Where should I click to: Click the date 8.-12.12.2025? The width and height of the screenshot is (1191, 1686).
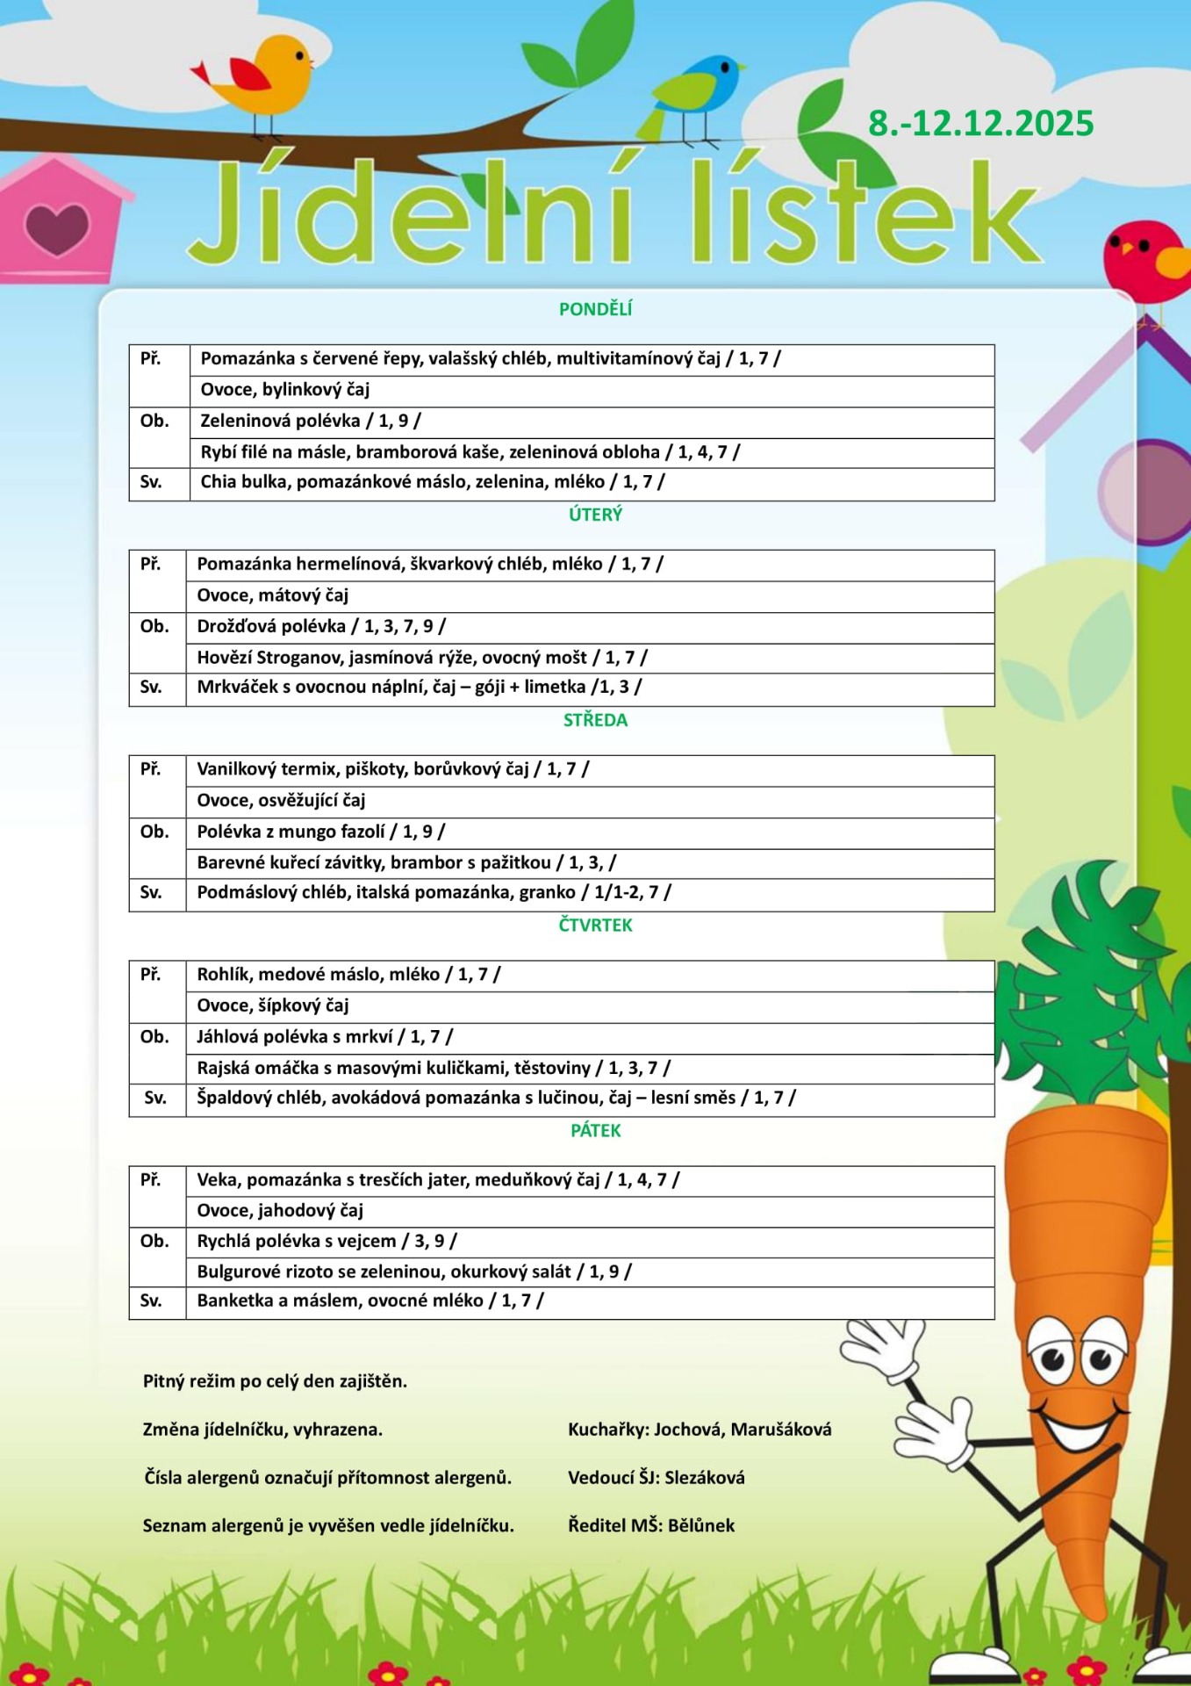(x=980, y=124)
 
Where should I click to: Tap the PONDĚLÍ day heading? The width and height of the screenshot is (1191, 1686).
(x=595, y=309)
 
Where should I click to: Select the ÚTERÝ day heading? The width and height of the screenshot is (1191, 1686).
(x=595, y=515)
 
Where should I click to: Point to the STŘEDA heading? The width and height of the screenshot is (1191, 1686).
(x=595, y=720)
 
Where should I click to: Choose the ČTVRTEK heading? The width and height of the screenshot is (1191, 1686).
(x=595, y=925)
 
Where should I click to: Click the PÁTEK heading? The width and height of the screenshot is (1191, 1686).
(x=595, y=1130)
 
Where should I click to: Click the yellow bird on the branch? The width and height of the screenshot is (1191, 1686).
(x=263, y=77)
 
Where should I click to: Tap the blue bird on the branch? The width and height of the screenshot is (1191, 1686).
(x=698, y=92)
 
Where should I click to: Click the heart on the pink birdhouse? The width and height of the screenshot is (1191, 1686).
(x=57, y=228)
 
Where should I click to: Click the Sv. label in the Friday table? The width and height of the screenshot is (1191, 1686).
(x=151, y=1301)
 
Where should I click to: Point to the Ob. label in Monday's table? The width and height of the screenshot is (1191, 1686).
(x=154, y=421)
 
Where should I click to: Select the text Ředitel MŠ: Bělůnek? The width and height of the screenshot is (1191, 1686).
(x=650, y=1526)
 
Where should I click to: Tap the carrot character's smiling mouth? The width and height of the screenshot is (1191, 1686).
(x=1074, y=1427)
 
